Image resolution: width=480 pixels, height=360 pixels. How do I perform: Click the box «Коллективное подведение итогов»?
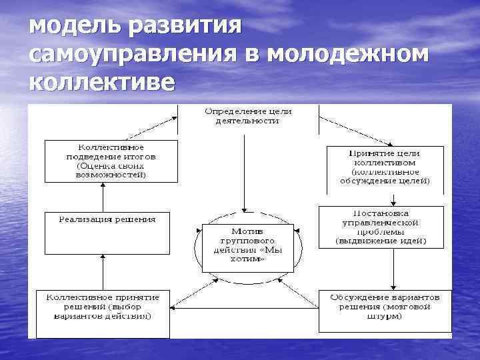coord(111,161)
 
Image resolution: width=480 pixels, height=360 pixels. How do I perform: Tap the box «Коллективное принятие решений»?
coord(103,310)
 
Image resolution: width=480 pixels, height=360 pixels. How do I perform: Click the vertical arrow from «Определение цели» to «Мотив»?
coord(246,173)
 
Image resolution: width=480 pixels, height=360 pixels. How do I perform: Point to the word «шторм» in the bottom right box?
coord(387,317)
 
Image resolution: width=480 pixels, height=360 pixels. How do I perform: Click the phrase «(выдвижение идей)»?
coord(381,240)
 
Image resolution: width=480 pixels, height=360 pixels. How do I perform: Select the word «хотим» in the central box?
coord(247,259)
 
